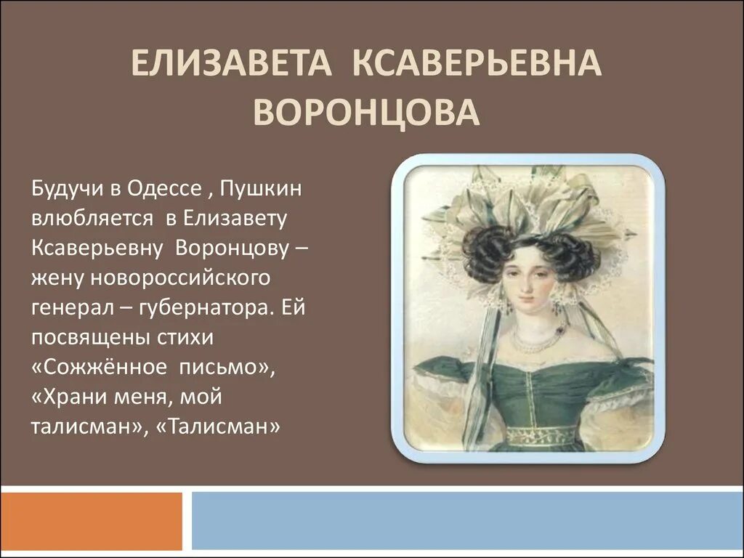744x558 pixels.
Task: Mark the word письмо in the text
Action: pos(221,367)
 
